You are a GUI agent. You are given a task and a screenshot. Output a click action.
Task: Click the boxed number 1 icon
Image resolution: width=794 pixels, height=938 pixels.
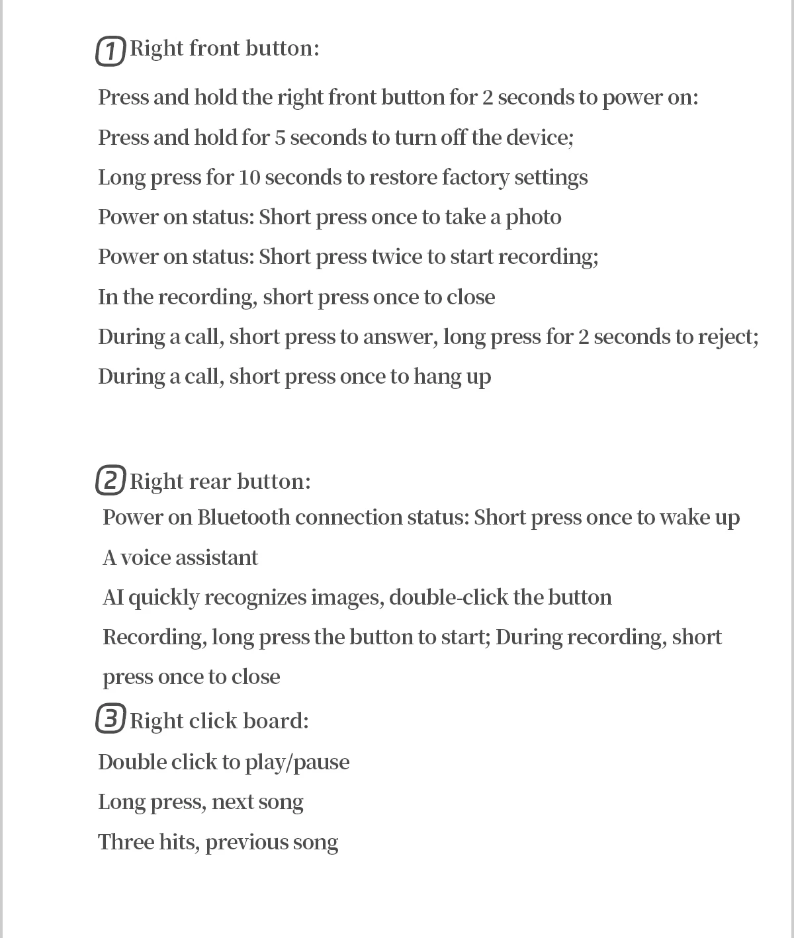[x=110, y=51]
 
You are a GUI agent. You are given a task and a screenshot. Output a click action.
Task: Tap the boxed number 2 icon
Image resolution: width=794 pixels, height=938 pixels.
[x=110, y=480]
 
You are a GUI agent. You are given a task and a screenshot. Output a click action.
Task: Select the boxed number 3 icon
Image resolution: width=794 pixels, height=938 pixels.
[x=110, y=719]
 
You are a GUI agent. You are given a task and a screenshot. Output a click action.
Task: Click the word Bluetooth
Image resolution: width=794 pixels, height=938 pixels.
[x=243, y=517]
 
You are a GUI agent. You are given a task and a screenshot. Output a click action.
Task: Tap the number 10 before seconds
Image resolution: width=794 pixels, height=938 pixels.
[x=249, y=178]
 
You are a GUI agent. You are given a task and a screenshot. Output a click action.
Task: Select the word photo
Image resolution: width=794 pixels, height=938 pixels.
[x=533, y=218]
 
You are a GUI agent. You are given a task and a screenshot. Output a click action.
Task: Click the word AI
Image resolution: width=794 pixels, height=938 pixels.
[x=113, y=597]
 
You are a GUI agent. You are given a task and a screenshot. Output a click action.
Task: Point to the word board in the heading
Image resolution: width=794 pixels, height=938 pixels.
[x=255, y=720]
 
